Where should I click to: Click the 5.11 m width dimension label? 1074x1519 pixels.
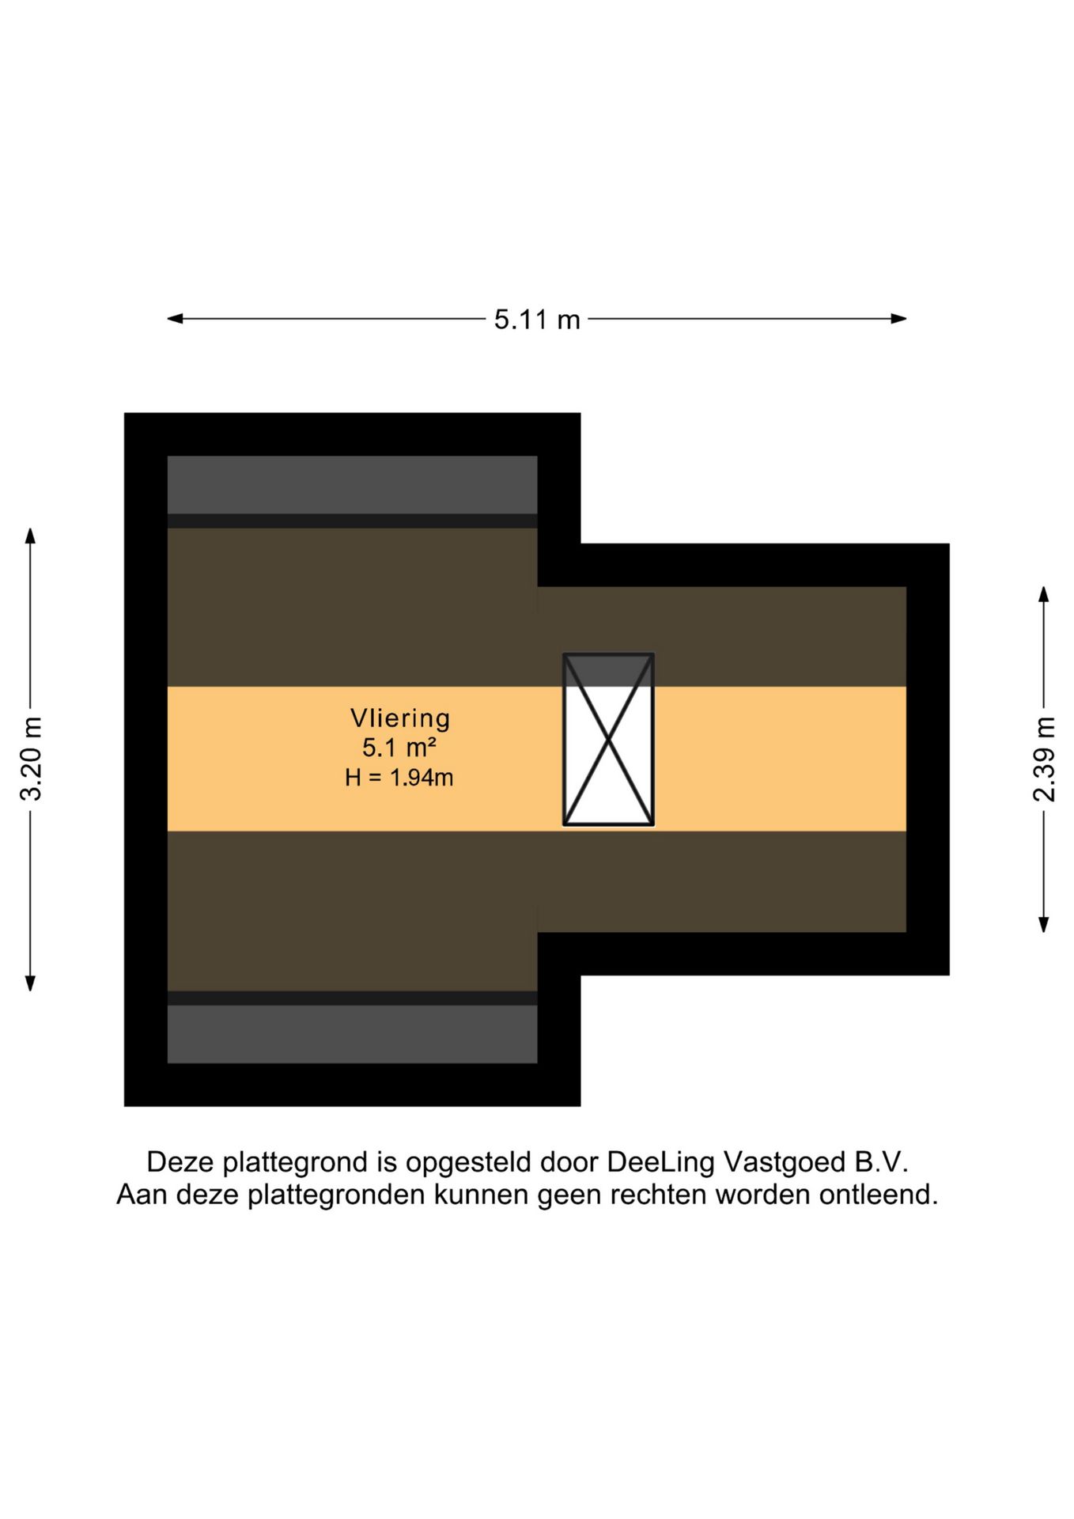pyautogui.click(x=537, y=320)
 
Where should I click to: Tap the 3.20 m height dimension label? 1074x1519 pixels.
pyautogui.click(x=31, y=759)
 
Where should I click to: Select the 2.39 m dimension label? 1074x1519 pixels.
pyautogui.click(x=1044, y=759)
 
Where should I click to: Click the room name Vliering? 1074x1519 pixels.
pyautogui.click(x=400, y=718)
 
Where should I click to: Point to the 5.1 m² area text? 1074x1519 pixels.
pyautogui.click(x=399, y=748)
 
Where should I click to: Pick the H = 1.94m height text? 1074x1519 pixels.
pyautogui.click(x=399, y=778)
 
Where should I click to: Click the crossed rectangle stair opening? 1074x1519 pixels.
pyautogui.click(x=608, y=740)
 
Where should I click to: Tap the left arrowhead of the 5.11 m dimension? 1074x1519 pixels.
pyautogui.click(x=175, y=319)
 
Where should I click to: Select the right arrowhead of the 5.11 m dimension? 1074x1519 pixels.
pyautogui.click(x=898, y=319)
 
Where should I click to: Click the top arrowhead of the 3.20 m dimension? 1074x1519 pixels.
pyautogui.click(x=30, y=536)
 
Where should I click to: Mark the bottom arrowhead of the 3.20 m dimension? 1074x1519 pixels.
pyautogui.click(x=30, y=983)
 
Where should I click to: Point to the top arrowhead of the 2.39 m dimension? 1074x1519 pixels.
pyautogui.click(x=1044, y=594)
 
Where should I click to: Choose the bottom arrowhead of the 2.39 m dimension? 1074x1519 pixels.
pyautogui.click(x=1044, y=924)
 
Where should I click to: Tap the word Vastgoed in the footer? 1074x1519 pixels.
pyautogui.click(x=785, y=1162)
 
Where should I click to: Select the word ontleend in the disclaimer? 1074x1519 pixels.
pyautogui.click(x=878, y=1194)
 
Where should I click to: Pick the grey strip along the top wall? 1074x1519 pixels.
pyautogui.click(x=352, y=485)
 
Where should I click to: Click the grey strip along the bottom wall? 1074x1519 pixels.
pyautogui.click(x=352, y=1034)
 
